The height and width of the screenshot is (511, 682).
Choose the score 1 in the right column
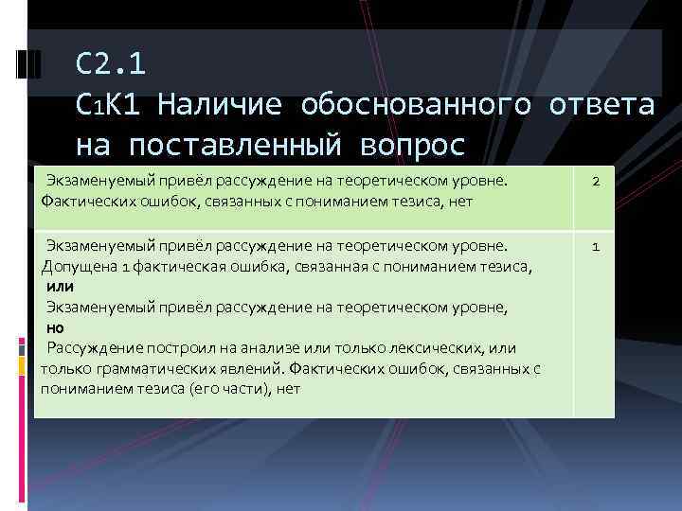[595, 247]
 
